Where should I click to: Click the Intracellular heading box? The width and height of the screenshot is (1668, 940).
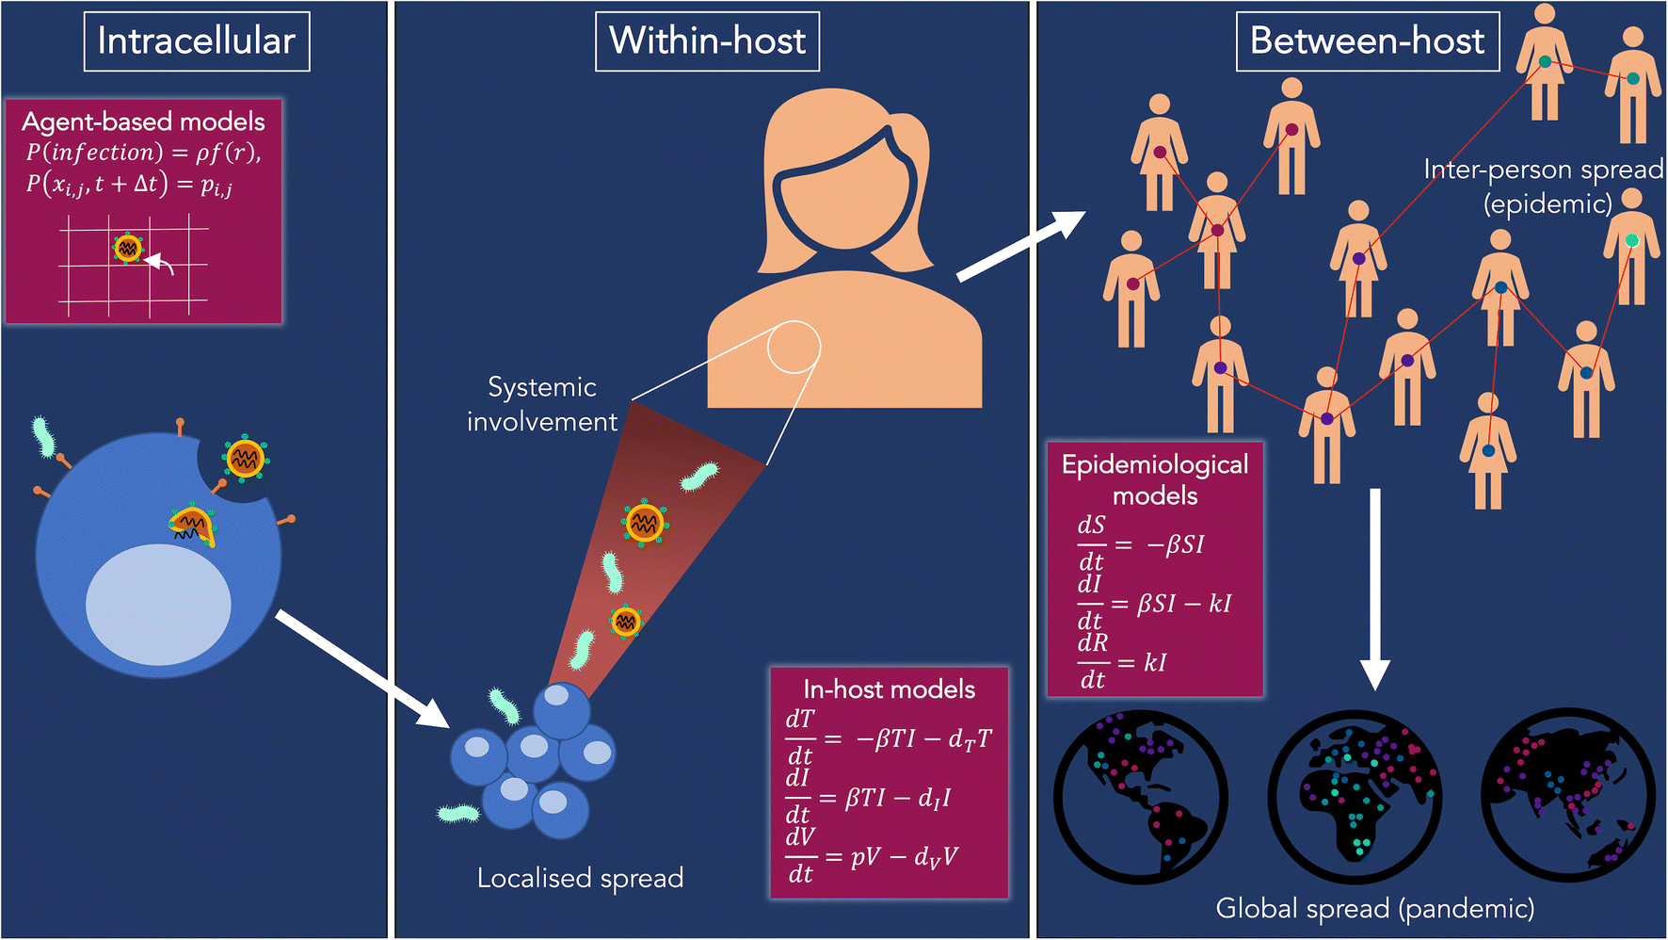pos(197,41)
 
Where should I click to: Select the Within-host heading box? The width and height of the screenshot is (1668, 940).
pos(707,41)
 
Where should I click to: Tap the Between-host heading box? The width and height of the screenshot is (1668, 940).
pos(1367,41)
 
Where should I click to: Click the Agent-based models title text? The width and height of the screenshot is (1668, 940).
pos(143,122)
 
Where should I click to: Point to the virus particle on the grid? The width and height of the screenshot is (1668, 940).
pos(127,249)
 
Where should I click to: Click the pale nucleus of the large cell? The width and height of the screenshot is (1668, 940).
pos(158,606)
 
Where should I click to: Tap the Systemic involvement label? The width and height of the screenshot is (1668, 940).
pos(542,404)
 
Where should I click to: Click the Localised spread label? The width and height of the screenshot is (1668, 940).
pos(580,878)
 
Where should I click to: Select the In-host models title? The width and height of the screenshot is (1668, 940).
pos(889,689)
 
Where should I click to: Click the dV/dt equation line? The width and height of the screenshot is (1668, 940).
pos(872,856)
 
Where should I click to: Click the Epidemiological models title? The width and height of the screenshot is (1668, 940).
pos(1155,479)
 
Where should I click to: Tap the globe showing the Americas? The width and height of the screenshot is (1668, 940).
pos(1141,796)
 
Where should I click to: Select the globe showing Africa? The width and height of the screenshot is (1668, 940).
pos(1355,796)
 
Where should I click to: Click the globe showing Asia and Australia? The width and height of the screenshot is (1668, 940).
pos(1567,796)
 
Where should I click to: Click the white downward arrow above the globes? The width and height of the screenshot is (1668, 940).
pos(1375,589)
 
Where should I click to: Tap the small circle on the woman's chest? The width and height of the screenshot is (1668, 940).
pos(794,348)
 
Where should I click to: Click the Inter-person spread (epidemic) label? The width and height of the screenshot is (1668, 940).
pos(1544,186)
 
